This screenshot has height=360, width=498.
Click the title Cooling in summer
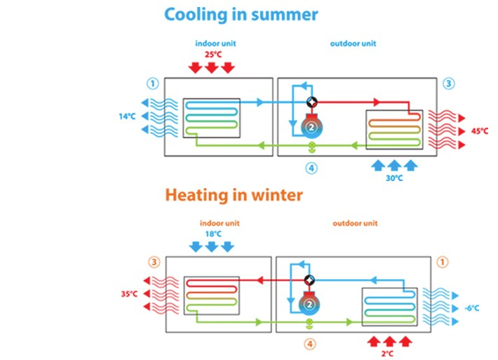pyautogui.click(x=241, y=14)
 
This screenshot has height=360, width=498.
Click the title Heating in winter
pyautogui.click(x=234, y=194)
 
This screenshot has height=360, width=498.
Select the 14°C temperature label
pyautogui.click(x=127, y=116)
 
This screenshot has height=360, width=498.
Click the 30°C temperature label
pyautogui.click(x=395, y=178)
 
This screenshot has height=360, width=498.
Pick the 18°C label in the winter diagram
pyautogui.click(x=210, y=235)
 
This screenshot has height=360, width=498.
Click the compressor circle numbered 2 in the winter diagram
pyautogui.click(x=309, y=304)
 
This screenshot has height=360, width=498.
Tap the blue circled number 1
pyautogui.click(x=152, y=84)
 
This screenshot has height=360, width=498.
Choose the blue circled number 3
pyautogui.click(x=449, y=84)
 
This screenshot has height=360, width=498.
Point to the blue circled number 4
pyautogui.click(x=311, y=168)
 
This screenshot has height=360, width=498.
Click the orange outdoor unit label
pyautogui.click(x=354, y=224)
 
